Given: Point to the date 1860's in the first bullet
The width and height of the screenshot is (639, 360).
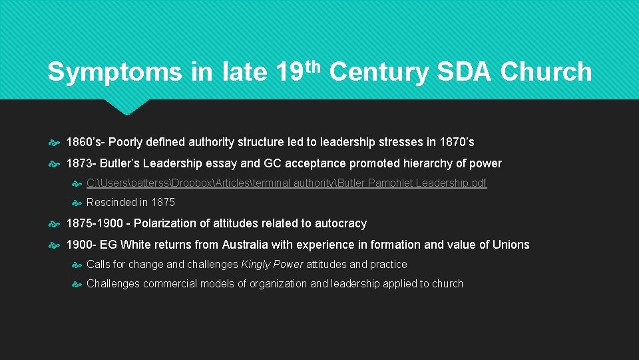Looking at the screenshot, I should (x=85, y=142).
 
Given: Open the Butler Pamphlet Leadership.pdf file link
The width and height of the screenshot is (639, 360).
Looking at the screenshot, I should (x=287, y=183).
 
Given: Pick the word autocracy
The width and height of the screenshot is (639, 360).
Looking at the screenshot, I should (x=339, y=223).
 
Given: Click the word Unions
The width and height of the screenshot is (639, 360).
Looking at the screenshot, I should (x=511, y=245).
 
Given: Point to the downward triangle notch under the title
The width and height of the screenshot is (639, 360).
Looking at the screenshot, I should (x=127, y=107).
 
